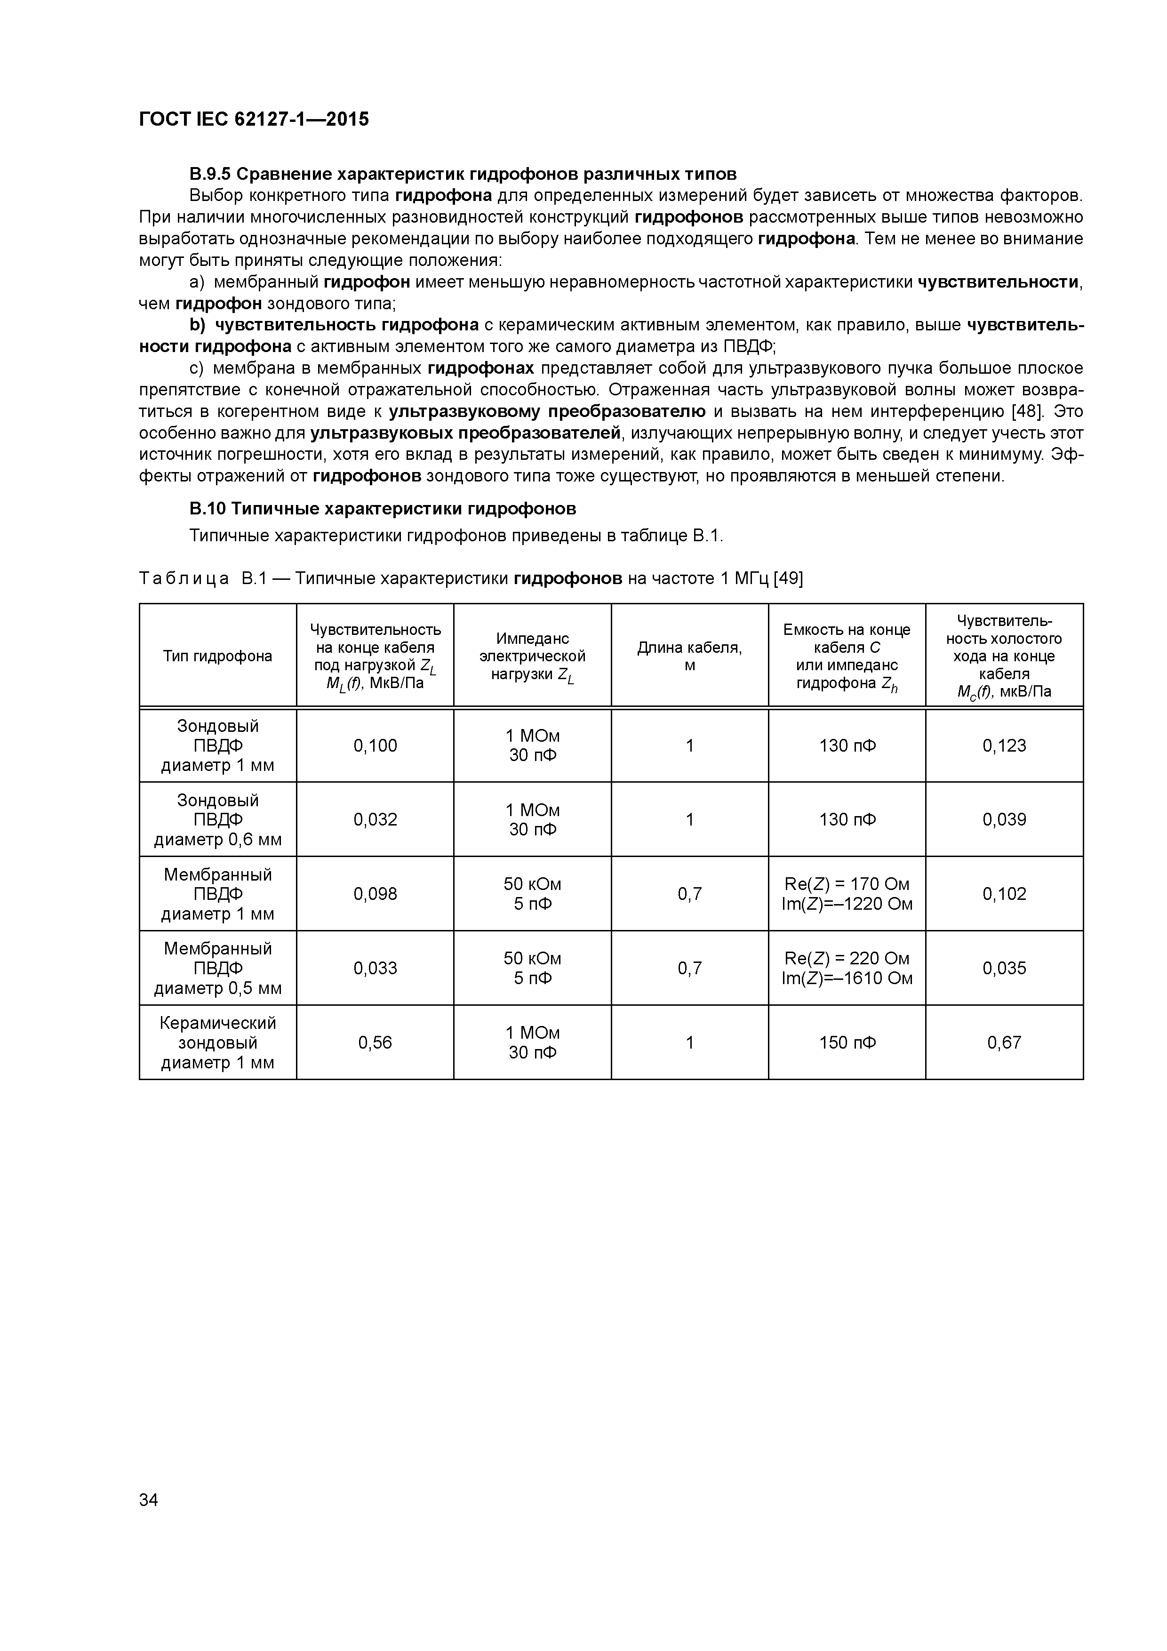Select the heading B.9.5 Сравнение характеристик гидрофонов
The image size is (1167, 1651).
coord(463,174)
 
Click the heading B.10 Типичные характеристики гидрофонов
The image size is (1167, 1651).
coord(383,508)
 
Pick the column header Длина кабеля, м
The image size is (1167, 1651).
coord(689,656)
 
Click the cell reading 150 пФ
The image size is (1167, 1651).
coord(847,1042)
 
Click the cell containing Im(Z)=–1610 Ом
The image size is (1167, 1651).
coord(847,978)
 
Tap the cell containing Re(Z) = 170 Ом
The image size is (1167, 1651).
coord(847,884)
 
